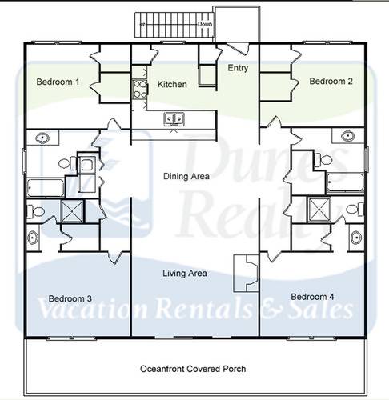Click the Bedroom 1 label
57,82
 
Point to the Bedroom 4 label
311,296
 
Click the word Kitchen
172,84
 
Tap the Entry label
238,69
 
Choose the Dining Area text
186,177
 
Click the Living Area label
185,274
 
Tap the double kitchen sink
174,119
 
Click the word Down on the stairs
205,25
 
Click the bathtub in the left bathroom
44,189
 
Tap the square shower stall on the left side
73,212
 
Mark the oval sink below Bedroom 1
39,138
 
